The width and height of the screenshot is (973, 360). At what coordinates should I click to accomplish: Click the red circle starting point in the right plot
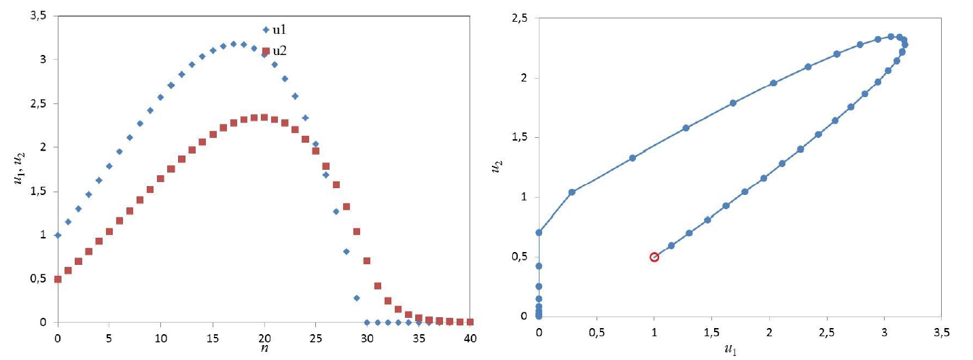(654, 257)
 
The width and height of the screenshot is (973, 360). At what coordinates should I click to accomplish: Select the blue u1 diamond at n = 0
(58, 235)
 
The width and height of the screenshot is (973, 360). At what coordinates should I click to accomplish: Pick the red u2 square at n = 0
(58, 279)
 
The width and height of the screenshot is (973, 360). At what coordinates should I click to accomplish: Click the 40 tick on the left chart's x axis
(470, 337)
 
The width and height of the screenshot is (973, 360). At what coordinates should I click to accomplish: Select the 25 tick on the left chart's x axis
(315, 337)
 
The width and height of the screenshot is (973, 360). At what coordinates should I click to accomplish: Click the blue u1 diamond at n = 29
(356, 298)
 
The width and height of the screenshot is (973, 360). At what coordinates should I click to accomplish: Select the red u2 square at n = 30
(367, 261)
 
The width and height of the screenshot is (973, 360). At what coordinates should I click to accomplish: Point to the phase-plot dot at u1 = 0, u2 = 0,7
(539, 232)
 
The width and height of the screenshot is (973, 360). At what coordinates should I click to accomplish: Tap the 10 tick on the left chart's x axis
(160, 337)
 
